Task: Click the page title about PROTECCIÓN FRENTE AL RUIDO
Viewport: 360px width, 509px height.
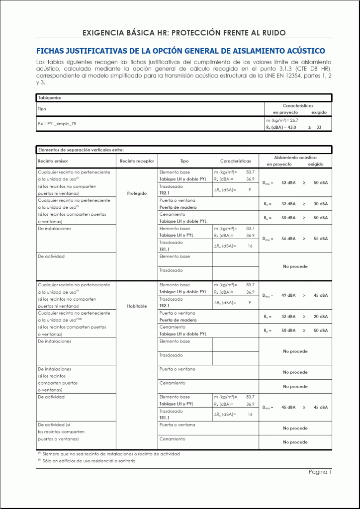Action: coord(184,33)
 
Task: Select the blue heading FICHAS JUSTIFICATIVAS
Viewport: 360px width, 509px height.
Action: coord(180,51)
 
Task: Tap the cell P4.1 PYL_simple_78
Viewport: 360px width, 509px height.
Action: coord(57,123)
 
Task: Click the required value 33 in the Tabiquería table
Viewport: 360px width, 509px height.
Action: coord(319,127)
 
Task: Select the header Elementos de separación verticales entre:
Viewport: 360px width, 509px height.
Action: coord(81,150)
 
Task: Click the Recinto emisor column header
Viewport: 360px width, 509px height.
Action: coord(53,161)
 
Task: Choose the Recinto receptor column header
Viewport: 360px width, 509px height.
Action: coord(137,161)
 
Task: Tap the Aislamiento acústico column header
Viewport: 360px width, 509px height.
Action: coord(295,158)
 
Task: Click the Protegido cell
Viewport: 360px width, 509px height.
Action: coord(137,193)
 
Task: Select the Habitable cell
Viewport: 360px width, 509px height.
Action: coord(137,306)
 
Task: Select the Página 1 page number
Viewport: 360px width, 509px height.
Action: coord(320,472)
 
